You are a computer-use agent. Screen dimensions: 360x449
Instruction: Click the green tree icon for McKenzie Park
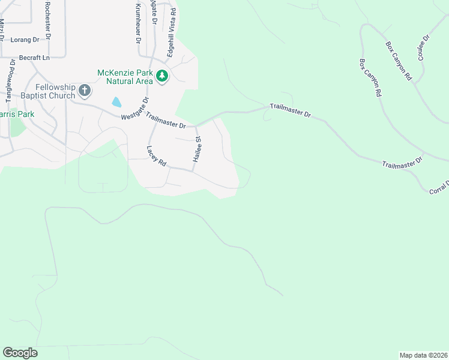[161, 76]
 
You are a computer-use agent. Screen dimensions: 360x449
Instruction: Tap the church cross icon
[85, 91]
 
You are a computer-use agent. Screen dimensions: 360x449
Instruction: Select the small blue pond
[116, 102]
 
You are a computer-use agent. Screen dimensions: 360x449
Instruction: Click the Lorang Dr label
[25, 40]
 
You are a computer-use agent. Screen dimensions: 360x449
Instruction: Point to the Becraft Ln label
[34, 58]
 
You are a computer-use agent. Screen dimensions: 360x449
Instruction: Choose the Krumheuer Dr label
[137, 22]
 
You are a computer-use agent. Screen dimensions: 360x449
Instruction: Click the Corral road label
[439, 187]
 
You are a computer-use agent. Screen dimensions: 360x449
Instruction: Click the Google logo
[20, 353]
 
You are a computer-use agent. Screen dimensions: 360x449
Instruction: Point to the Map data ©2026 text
[423, 355]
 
